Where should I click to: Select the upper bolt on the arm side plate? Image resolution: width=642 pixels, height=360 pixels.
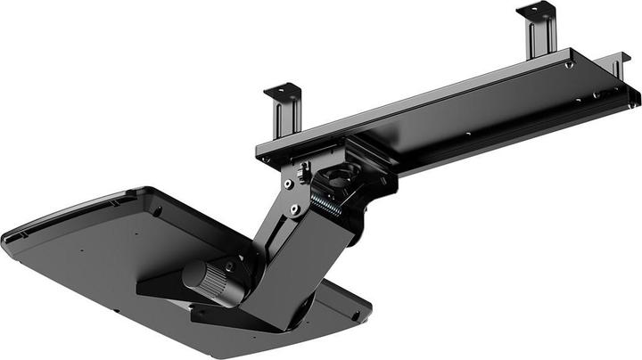pyautogui.click(x=288, y=184)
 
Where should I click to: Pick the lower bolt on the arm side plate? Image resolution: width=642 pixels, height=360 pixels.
pyautogui.click(x=293, y=211)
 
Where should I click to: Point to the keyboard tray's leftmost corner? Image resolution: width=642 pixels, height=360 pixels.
pyautogui.click(x=7, y=239)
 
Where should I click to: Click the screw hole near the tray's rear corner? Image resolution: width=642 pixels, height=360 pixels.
pyautogui.click(x=157, y=210)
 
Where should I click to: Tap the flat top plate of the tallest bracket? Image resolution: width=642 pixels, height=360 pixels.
pyautogui.click(x=536, y=10)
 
